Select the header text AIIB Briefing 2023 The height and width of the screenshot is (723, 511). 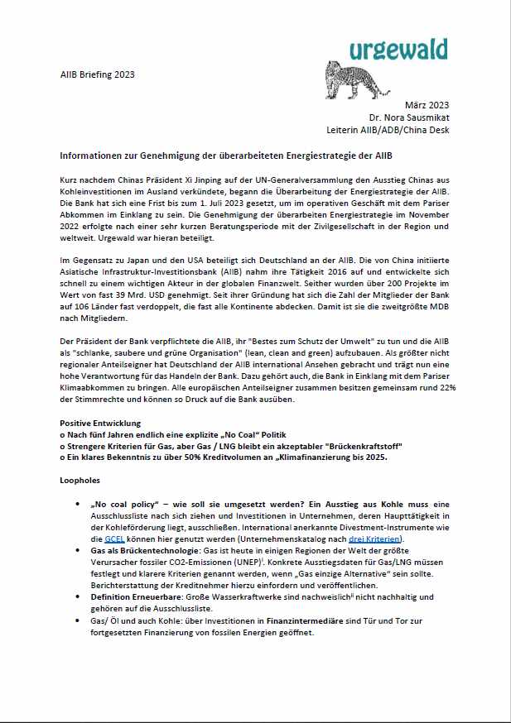(98, 74)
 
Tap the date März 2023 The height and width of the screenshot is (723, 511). (427, 105)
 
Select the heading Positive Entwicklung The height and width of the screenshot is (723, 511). (100, 423)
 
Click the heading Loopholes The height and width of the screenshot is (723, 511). (80, 480)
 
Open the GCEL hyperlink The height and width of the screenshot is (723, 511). (113, 539)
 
